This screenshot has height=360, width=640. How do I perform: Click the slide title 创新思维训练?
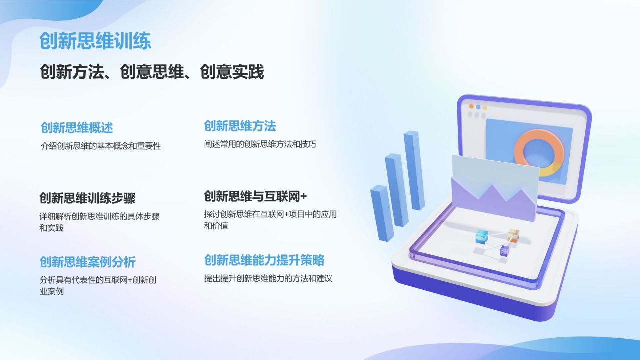[95, 41]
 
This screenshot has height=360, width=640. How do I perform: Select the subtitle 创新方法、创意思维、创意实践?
[152, 72]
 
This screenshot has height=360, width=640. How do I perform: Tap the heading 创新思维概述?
[77, 128]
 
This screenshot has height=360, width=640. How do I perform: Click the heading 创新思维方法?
[240, 126]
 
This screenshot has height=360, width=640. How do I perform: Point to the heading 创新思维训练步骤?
[87, 198]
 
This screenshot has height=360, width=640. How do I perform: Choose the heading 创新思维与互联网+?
[255, 196]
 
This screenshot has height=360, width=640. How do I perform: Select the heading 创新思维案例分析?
[87, 262]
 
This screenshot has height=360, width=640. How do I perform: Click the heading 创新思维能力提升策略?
[264, 260]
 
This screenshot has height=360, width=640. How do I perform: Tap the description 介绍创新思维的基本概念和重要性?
[101, 146]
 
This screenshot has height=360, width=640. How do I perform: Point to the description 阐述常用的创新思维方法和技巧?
[260, 144]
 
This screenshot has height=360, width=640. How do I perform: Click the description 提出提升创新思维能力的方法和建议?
[268, 278]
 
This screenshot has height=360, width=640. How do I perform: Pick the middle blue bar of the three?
[397, 190]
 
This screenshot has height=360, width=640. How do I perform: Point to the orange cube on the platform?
[513, 235]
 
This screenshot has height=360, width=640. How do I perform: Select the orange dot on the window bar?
[471, 106]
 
